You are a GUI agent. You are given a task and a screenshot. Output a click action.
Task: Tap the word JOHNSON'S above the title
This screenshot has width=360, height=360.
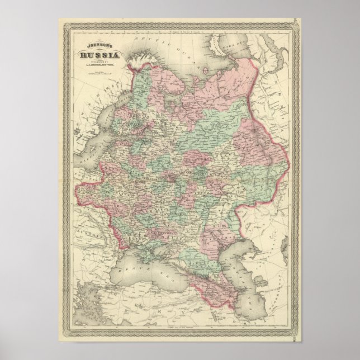point(98,46)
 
